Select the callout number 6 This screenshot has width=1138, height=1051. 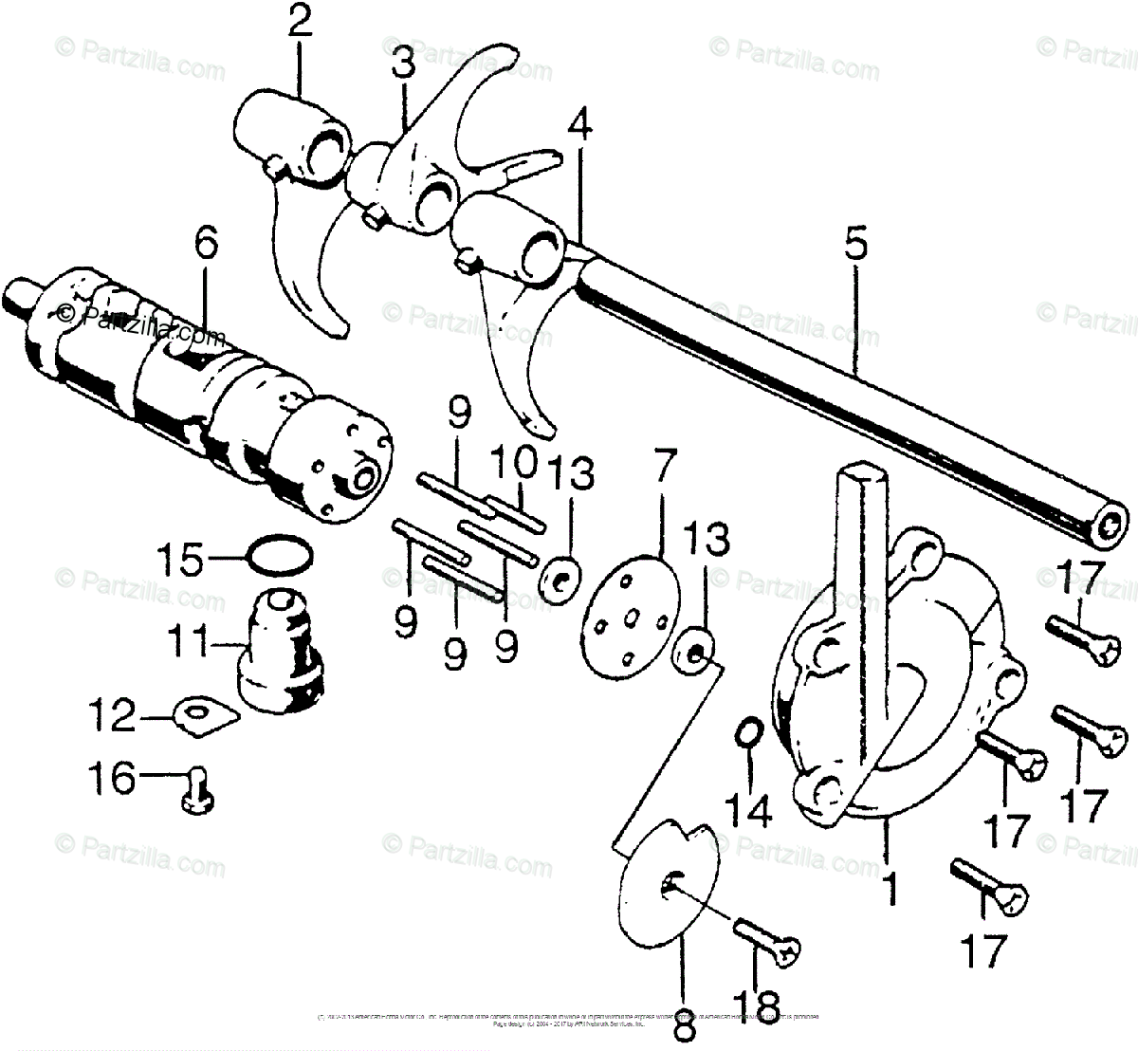pos(205,245)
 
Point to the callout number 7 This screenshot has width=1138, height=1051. pos(663,466)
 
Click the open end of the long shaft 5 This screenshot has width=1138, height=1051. pos(1110,524)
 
